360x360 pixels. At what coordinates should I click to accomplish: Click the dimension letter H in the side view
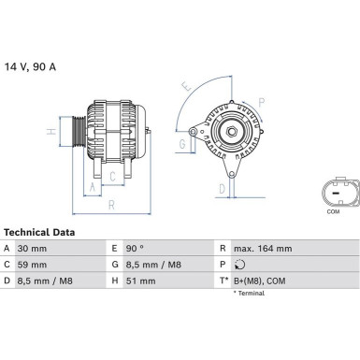click(50, 131)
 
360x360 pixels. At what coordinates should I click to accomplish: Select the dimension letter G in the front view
click(182, 143)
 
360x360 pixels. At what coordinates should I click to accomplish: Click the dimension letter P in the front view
click(261, 102)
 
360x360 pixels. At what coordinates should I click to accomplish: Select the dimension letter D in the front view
click(221, 189)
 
